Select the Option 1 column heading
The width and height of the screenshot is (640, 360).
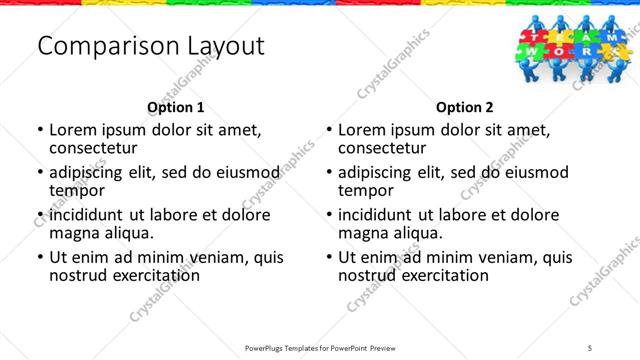[x=176, y=107]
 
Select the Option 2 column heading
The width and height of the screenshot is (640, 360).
[x=465, y=107]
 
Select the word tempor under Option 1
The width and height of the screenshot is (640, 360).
[x=75, y=191]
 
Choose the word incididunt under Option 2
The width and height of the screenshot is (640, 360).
[x=385, y=215]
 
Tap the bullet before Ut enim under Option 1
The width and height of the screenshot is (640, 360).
[x=39, y=258]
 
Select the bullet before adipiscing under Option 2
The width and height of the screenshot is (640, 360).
[x=328, y=173]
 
